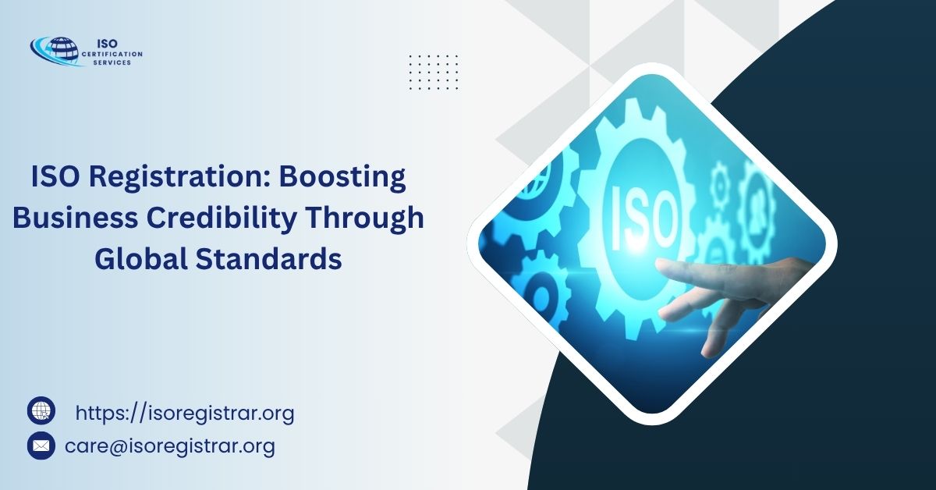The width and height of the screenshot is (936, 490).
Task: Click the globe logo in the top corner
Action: tap(55, 51)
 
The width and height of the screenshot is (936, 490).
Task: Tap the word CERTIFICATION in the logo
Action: tap(112, 54)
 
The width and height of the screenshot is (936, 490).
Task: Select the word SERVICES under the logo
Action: tap(112, 62)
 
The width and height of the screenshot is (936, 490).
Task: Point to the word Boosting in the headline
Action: tap(342, 177)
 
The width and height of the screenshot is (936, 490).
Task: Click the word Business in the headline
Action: tap(75, 218)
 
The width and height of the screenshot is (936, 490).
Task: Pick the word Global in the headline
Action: tap(141, 259)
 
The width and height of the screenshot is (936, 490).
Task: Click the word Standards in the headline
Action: tap(268, 259)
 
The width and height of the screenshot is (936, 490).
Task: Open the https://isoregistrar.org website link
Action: tap(185, 414)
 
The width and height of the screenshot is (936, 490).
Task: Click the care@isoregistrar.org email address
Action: tap(170, 446)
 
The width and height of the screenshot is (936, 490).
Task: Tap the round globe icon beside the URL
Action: tap(41, 410)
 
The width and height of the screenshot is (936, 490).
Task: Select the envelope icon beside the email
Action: tap(41, 446)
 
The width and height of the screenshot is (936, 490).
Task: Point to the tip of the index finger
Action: tap(658, 264)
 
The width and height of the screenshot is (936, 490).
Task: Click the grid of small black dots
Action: tap(434, 72)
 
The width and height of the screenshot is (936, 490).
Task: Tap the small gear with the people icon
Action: tap(757, 206)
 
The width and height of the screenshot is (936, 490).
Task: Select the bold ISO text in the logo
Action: tap(108, 44)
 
